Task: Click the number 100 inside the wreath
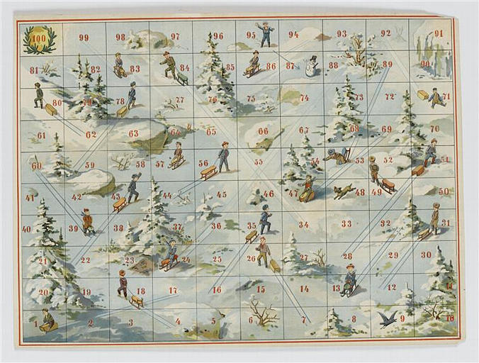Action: click(39, 38)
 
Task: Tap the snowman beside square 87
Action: click(311, 66)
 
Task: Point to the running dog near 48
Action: click(344, 191)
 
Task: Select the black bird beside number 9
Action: click(387, 320)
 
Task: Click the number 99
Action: click(84, 38)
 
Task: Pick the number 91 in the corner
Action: click(438, 33)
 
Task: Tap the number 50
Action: click(444, 191)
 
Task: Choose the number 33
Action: click(346, 223)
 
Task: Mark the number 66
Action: click(263, 130)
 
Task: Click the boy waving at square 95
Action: click(266, 33)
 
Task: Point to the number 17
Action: click(173, 290)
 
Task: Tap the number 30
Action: click(426, 255)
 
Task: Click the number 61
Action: click(41, 135)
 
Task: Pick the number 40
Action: click(27, 229)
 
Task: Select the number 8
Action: click(354, 319)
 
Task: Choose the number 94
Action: click(293, 33)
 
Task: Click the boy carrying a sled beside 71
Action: click(435, 97)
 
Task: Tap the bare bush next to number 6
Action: click(264, 312)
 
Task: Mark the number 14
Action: click(304, 289)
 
